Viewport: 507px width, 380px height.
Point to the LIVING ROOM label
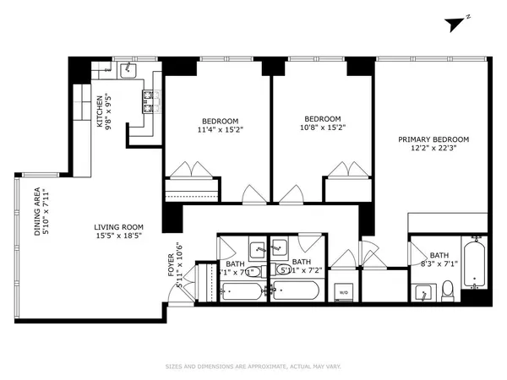click(118, 227)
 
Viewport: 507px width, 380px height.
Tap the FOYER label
click(171, 268)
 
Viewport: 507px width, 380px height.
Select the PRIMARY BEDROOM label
click(434, 139)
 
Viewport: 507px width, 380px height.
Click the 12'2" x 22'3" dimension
click(434, 149)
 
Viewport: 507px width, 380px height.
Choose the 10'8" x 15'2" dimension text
click(323, 128)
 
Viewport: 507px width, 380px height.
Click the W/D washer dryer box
click(343, 293)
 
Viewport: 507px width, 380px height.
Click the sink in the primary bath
click(422, 292)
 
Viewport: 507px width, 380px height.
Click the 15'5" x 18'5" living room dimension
click(118, 237)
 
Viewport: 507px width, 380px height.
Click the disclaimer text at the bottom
click(253, 366)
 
